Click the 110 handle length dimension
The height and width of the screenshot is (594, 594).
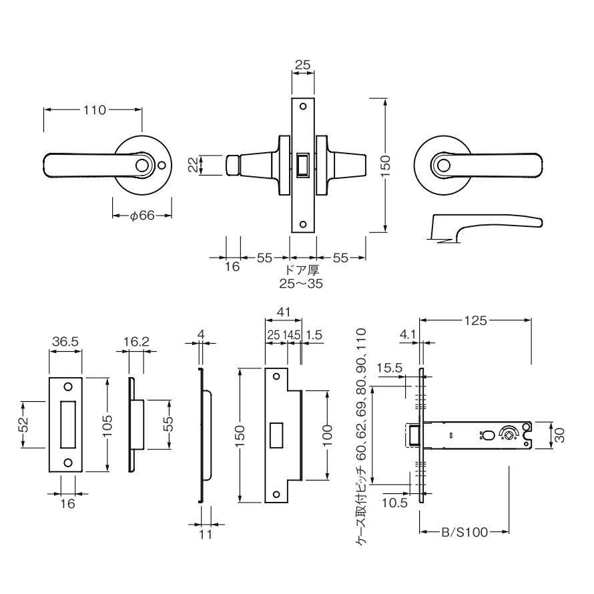94,110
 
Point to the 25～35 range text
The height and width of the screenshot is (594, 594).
302,282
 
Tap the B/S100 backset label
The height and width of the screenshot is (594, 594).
465,533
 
